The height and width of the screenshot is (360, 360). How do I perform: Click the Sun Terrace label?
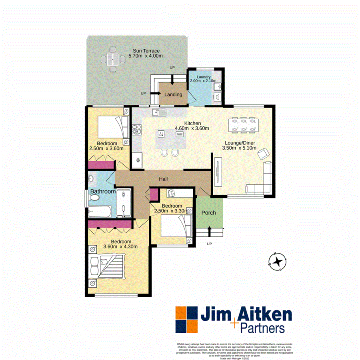click(x=146, y=51)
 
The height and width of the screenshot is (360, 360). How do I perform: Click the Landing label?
click(x=173, y=95)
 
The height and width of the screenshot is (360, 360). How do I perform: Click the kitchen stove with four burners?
click(x=138, y=130)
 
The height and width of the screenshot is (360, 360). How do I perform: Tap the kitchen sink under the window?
click(x=162, y=112)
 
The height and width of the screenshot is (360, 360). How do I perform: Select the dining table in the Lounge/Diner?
click(x=243, y=124)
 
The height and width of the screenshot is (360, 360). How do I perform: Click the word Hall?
click(x=163, y=179)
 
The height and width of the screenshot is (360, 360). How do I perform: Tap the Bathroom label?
click(x=103, y=192)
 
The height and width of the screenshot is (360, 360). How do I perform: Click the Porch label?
click(x=208, y=212)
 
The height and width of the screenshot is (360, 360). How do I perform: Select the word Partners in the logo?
click(x=262, y=329)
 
